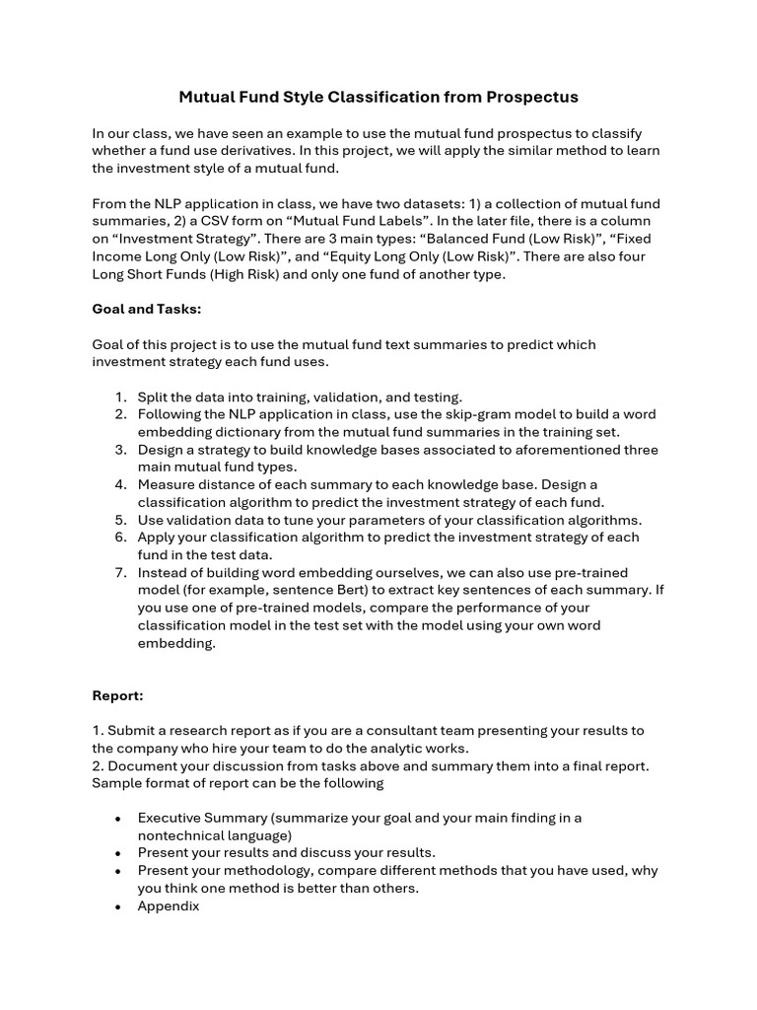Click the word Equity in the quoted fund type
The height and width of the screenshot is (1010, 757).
click(x=321, y=257)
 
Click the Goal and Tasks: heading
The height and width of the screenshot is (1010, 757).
click(x=147, y=309)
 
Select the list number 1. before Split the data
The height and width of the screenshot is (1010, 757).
click(x=121, y=397)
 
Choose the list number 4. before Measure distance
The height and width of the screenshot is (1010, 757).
click(x=121, y=484)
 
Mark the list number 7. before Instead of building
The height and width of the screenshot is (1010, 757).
click(x=121, y=573)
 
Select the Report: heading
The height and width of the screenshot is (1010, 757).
click(x=118, y=695)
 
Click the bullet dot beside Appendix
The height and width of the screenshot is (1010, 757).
click(x=118, y=905)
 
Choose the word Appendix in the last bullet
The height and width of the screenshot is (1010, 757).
click(x=169, y=905)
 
